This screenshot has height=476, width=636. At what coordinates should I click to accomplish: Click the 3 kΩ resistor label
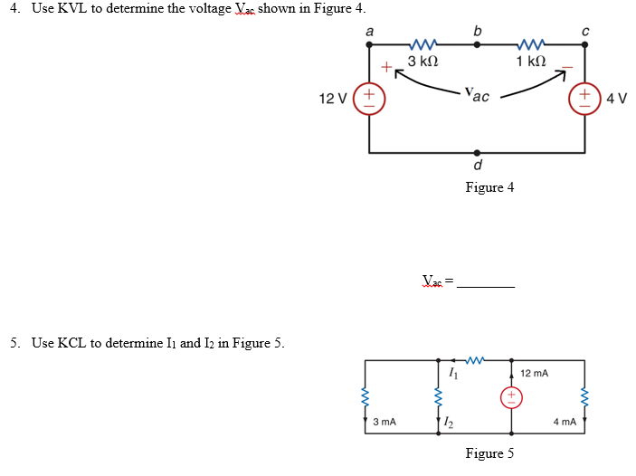[422, 62]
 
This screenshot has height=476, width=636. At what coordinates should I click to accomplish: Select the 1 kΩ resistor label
[531, 62]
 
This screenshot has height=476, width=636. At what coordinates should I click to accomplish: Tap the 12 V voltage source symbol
[370, 97]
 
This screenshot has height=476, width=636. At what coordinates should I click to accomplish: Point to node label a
[369, 30]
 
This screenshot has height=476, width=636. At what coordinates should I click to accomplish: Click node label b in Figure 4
[477, 30]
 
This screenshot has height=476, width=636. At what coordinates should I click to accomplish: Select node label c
[584, 30]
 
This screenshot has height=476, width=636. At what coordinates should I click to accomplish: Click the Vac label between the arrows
[476, 94]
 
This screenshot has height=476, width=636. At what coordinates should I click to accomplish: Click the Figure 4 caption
[489, 187]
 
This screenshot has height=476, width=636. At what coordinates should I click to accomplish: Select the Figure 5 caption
[489, 453]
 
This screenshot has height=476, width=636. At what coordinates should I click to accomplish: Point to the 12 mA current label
[535, 373]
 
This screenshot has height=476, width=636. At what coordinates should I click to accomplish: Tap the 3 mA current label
[384, 422]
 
